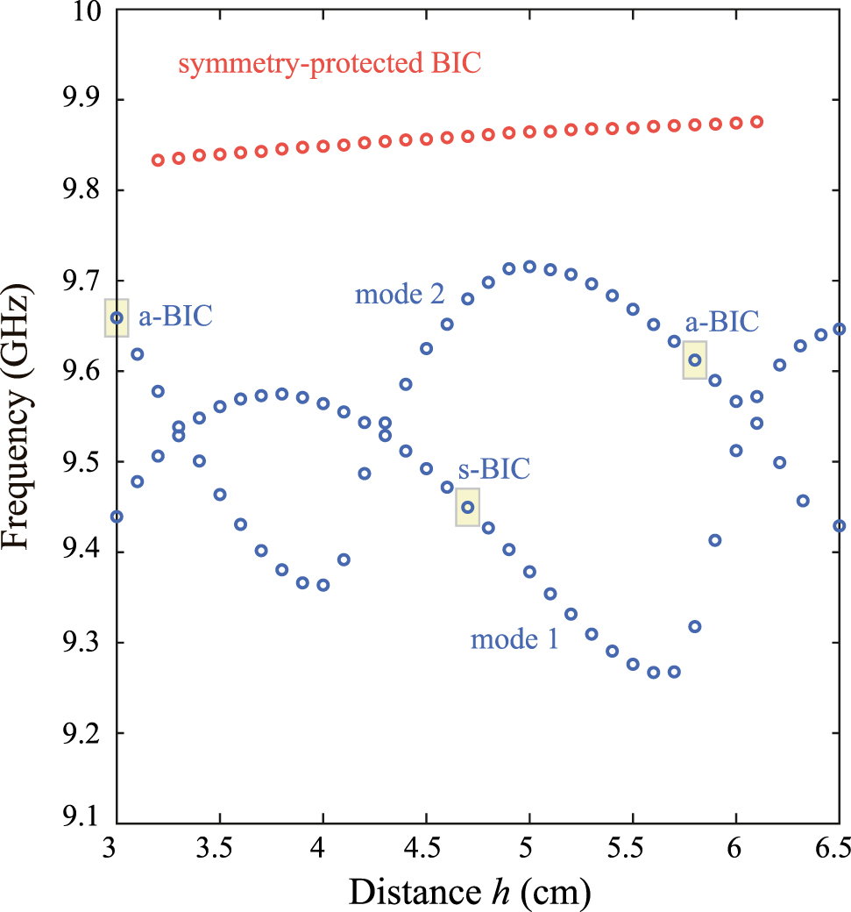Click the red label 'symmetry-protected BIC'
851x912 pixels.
tap(330, 65)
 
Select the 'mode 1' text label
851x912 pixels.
tap(514, 639)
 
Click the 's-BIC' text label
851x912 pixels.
tap(493, 468)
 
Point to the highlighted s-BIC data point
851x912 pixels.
tap(468, 507)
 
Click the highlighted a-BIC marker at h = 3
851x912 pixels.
tap(117, 317)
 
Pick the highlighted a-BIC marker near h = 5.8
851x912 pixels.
tap(695, 360)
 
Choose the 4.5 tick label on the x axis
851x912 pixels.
tap(426, 847)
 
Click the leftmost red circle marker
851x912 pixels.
tap(158, 160)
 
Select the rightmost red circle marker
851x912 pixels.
tap(757, 122)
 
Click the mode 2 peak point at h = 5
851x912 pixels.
tap(529, 267)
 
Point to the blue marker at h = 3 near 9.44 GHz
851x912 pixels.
tap(117, 517)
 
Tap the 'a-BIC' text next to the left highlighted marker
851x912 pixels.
tap(174, 316)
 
